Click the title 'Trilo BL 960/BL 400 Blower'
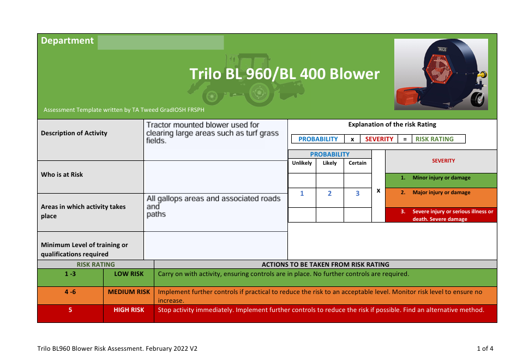coord(284,74)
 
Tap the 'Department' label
coord(67,41)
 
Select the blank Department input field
coord(160,43)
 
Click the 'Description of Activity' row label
coord(74,133)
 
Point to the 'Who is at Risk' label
coord(62,175)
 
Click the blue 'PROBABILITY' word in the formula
coord(318,139)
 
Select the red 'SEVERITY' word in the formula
coord(379,139)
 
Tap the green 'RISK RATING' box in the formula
coord(435,139)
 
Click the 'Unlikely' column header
coord(302,163)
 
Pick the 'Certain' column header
coord(358,163)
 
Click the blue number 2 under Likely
coord(329,194)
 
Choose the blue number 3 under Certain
coord(358,194)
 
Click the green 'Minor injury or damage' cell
coord(441,178)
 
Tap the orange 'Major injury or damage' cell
coord(441,193)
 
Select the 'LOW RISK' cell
coord(129,274)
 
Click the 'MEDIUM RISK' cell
coord(129,292)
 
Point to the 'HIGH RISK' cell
coord(129,310)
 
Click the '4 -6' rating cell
coord(70,292)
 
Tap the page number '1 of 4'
coord(485,348)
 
